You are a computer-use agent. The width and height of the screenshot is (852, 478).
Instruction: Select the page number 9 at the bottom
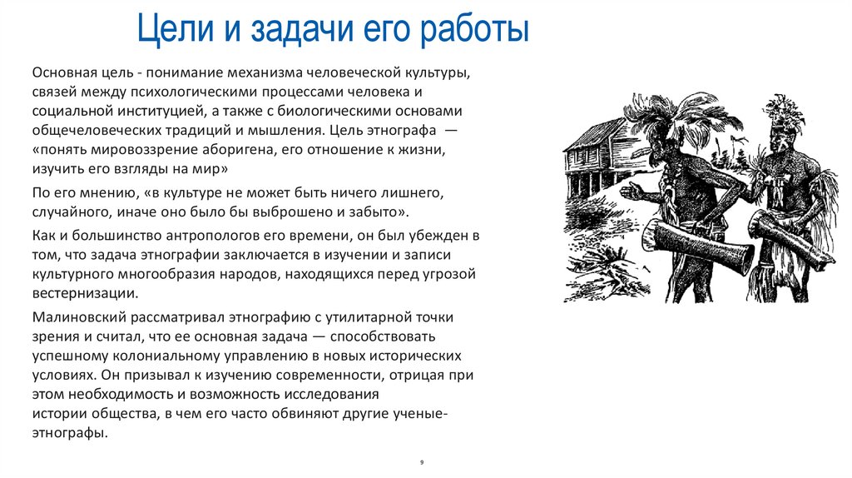(x=422, y=460)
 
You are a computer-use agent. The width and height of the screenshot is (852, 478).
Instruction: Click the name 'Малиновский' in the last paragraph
(x=79, y=317)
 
